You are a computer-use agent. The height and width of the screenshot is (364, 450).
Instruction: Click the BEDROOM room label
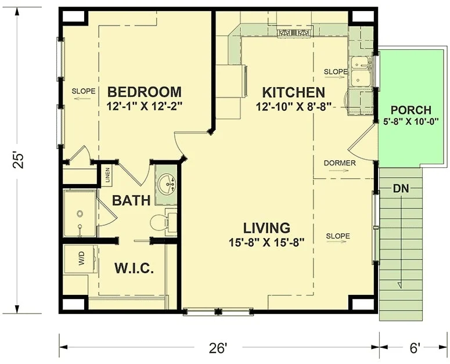(x=145, y=92)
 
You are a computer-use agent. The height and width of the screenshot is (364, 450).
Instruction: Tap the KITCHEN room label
(x=294, y=92)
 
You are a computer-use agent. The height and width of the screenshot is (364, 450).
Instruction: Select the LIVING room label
(x=267, y=228)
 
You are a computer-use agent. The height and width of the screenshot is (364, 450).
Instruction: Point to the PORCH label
(x=411, y=110)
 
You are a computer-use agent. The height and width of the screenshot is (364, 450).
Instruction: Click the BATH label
(x=131, y=200)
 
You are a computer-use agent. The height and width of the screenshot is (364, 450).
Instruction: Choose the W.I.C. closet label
(x=134, y=268)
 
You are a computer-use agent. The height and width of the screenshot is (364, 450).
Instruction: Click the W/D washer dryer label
(x=81, y=258)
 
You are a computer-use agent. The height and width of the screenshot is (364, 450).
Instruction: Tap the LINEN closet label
(x=107, y=175)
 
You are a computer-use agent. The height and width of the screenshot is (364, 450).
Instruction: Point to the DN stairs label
(x=401, y=189)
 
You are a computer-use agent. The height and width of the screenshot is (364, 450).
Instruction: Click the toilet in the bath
(x=160, y=223)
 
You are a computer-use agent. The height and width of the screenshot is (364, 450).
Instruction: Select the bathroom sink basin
(x=167, y=185)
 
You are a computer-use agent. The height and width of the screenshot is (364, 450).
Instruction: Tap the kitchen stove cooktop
(x=294, y=33)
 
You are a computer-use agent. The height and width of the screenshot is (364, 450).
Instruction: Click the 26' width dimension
(x=218, y=348)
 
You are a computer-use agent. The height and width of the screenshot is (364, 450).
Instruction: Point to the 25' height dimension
(x=18, y=161)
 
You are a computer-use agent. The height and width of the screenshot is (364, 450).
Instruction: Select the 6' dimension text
(x=413, y=348)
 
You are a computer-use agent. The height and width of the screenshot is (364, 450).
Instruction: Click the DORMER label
(x=340, y=163)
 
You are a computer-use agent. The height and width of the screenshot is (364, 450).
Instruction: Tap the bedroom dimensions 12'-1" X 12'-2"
(x=145, y=106)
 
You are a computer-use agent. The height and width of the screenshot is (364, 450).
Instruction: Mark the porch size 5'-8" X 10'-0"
(x=411, y=121)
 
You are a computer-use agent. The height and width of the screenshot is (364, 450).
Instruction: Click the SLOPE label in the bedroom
(x=84, y=92)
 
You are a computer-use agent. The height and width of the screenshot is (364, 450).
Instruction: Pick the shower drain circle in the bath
(x=80, y=214)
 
